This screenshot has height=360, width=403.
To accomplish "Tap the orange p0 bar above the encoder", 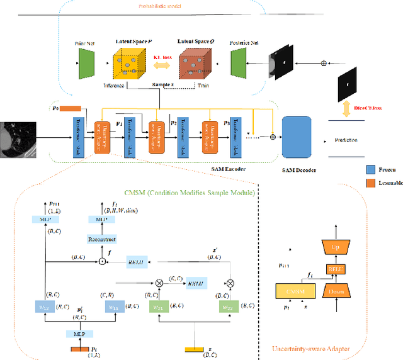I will pyautogui.click(x=71, y=108).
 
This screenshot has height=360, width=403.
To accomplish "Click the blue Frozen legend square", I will pyautogui.click(x=372, y=169).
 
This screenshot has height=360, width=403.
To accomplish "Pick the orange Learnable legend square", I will pyautogui.click(x=372, y=183).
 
